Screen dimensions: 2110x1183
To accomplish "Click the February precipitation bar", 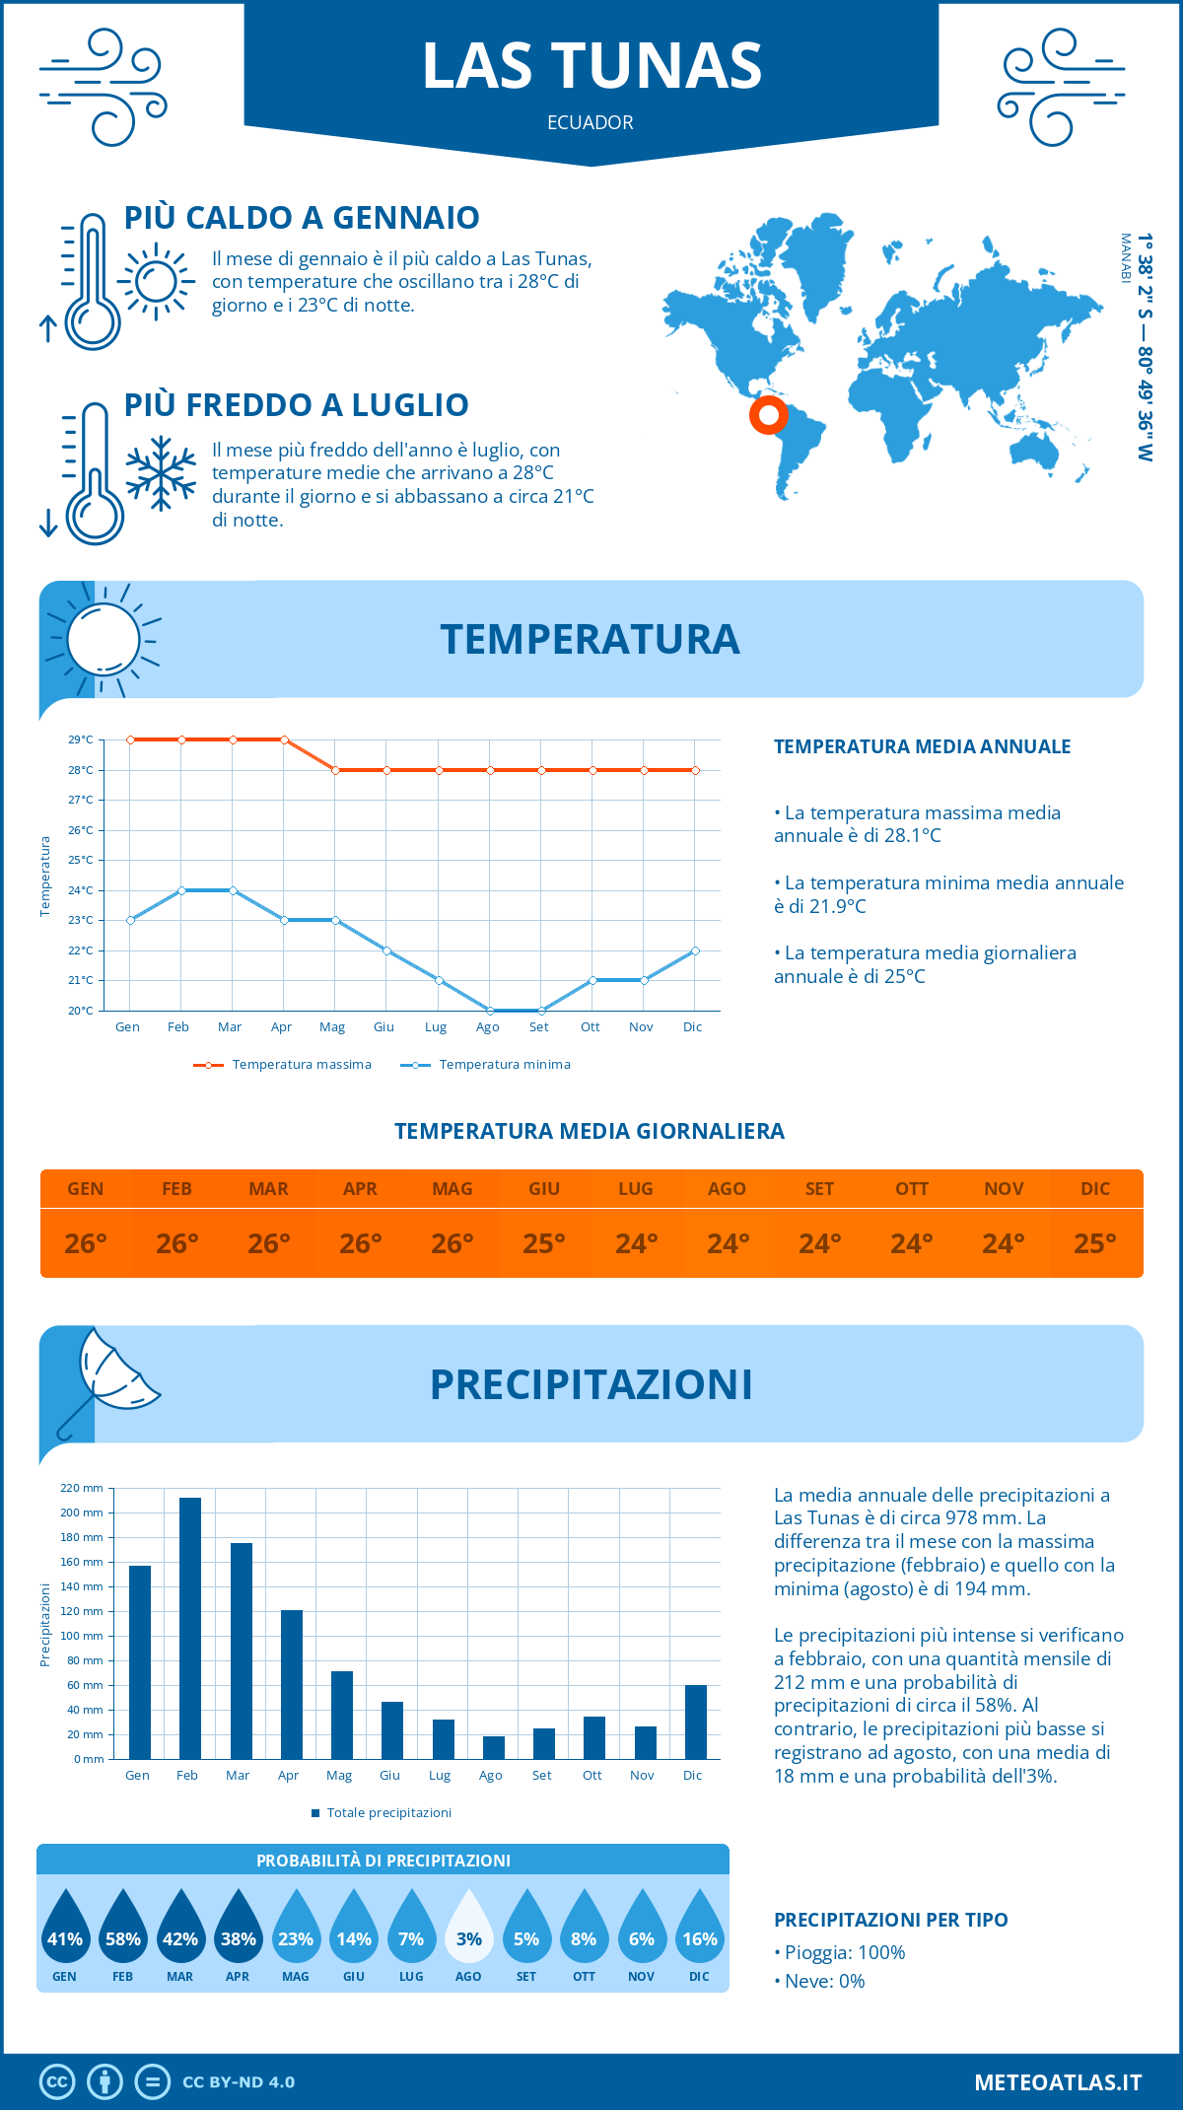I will pos(190,1628).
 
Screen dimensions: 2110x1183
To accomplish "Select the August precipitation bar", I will pos(493,1747).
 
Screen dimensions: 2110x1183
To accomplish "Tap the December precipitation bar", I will pos(695,1722).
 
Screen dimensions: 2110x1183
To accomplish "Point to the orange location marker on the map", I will pos(768,415).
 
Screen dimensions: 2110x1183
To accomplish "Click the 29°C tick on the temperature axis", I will pos(81,739).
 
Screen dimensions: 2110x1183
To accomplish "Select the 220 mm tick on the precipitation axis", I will pos(82,1488).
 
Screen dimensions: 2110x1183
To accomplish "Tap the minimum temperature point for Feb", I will pos(181,890).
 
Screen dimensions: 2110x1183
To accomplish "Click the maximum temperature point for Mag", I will pos(336,770).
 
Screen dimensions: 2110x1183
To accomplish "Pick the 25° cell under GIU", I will pos(544,1243).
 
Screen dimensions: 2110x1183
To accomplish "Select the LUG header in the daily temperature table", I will pos(636,1189).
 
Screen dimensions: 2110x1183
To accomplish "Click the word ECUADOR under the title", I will pos(591,122).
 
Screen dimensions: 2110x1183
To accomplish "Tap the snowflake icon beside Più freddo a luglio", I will pos(161,473).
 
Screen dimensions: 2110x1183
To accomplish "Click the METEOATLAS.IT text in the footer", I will pos(1057,2081).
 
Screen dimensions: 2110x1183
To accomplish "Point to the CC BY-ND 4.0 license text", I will pos(239,2081).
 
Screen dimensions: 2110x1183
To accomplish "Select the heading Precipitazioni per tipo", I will pos(890,1919).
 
